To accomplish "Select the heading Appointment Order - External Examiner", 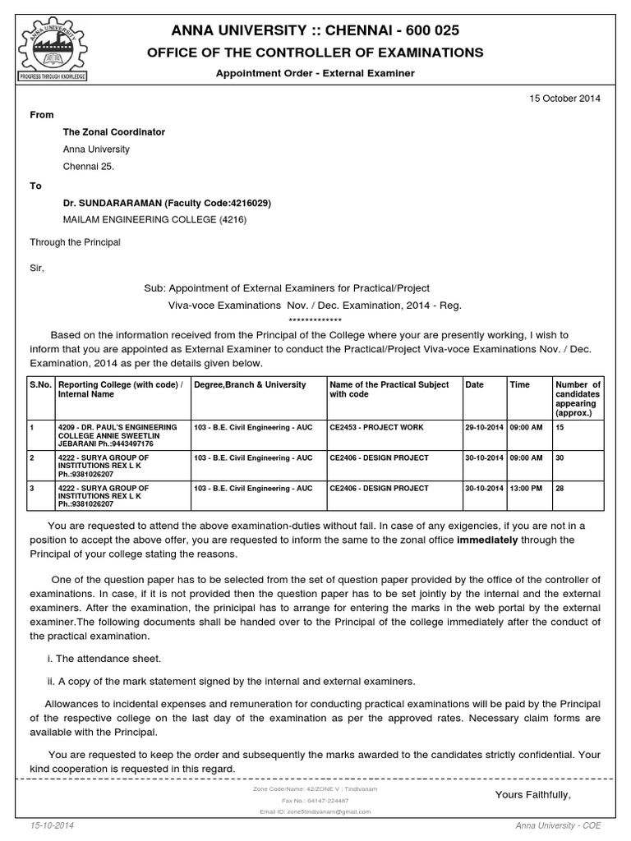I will [x=315, y=73].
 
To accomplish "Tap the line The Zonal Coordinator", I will [x=114, y=132].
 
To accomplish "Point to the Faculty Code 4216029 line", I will [x=167, y=203].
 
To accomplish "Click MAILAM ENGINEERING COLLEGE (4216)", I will [x=154, y=220].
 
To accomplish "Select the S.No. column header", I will [x=41, y=384].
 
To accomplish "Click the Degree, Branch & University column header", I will [x=250, y=384].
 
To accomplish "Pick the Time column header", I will [x=520, y=384].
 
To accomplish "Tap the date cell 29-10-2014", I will [x=485, y=428].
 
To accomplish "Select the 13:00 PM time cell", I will [x=526, y=488].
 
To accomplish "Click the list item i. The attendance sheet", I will [x=105, y=659].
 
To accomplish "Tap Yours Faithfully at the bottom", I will [x=532, y=795].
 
